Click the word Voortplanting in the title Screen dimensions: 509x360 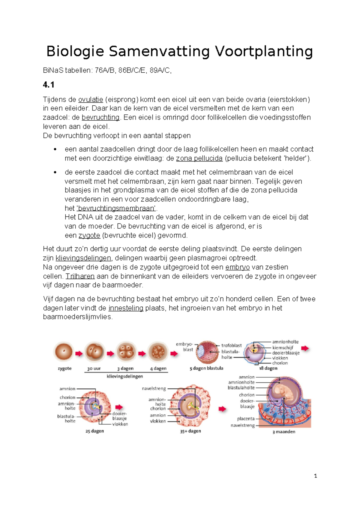264,51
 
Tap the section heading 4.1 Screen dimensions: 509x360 48,85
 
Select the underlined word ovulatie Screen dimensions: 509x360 91,100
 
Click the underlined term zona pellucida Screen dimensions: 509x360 199,158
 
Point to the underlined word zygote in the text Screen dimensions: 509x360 89,236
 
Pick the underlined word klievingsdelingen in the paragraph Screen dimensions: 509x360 83,258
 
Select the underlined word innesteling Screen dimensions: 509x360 126,308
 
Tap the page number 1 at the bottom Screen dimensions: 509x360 315,476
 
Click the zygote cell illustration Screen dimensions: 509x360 64,352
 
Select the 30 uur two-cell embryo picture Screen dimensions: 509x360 94,352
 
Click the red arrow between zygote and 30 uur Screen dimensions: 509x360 79,354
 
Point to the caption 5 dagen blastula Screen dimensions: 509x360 206,368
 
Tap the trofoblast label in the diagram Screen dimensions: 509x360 231,346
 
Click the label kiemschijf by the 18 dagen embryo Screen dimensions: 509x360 283,348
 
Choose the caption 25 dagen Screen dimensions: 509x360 94,431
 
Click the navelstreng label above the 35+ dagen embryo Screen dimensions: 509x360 154,389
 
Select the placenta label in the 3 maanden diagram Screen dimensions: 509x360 246,419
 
